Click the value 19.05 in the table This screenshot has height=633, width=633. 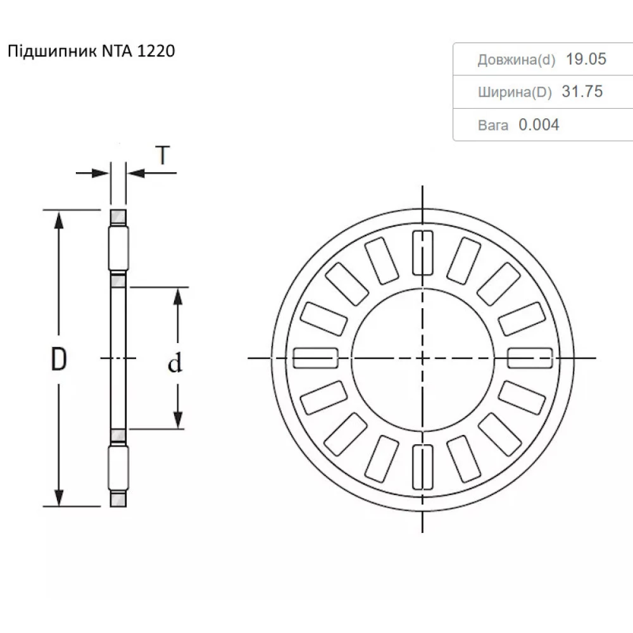pos(586,60)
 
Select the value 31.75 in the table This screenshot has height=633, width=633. pos(582,92)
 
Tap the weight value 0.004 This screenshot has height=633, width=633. pos(539,125)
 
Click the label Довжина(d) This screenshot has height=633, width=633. pos(516,60)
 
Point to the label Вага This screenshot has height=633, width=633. pos(493,125)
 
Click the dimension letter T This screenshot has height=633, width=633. pos(163,155)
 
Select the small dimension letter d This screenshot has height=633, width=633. pos(175,363)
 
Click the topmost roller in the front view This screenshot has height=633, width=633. pos(422,253)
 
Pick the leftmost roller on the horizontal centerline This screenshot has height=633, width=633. pos(315,358)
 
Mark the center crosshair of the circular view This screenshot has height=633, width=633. pos(422,358)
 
